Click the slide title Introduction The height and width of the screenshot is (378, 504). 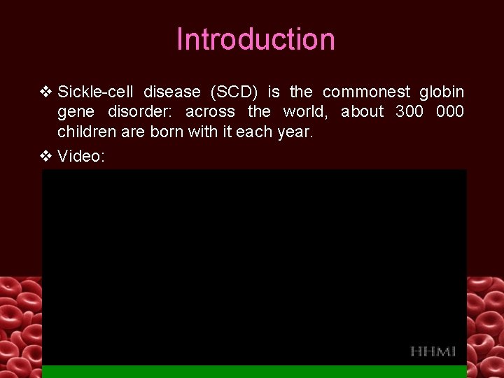click(x=255, y=40)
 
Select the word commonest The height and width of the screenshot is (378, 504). click(x=366, y=92)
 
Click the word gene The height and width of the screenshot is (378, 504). click(x=76, y=112)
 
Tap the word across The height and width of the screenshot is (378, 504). click(x=210, y=112)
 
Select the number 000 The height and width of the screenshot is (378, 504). click(x=449, y=112)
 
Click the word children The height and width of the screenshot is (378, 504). click(x=87, y=132)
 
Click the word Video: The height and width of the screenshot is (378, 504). click(x=81, y=156)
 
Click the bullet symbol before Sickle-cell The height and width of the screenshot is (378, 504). click(x=46, y=92)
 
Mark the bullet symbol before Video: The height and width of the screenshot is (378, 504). click(x=46, y=156)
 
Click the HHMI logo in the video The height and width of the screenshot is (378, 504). click(x=433, y=351)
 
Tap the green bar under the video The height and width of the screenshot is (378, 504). click(x=254, y=372)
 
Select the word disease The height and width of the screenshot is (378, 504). click(x=172, y=92)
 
